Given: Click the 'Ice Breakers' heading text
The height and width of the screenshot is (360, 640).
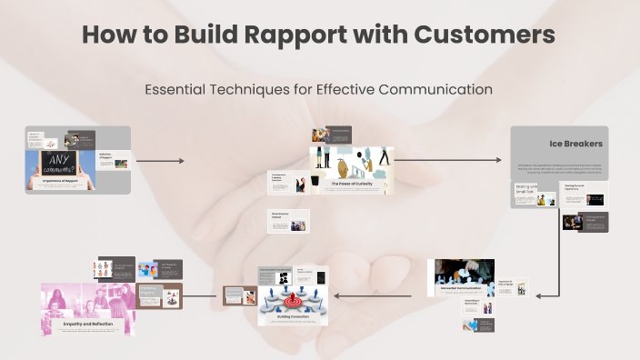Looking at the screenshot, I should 575,144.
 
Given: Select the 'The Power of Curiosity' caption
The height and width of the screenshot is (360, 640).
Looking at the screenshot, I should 352,184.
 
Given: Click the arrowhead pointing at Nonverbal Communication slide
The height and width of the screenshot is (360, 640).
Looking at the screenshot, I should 539,295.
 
